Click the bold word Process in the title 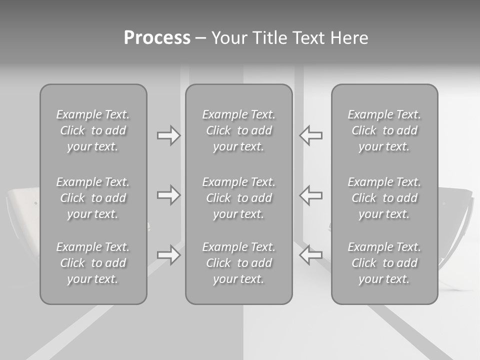click(x=157, y=38)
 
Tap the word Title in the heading click(x=268, y=38)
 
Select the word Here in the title click(x=349, y=38)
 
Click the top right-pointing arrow click(x=168, y=135)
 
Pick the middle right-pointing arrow click(x=168, y=195)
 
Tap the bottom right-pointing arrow click(x=168, y=255)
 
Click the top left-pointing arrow click(x=310, y=135)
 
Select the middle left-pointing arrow click(x=310, y=195)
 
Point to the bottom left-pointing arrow click(x=310, y=255)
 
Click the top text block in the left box click(x=93, y=130)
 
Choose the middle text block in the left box click(x=93, y=198)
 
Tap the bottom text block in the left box click(x=93, y=263)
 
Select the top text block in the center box click(x=239, y=130)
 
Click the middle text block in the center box click(x=239, y=198)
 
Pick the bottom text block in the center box click(x=239, y=263)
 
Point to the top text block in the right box click(x=384, y=130)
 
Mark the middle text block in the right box click(x=384, y=198)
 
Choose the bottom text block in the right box click(x=384, y=263)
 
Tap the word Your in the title click(x=229, y=38)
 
